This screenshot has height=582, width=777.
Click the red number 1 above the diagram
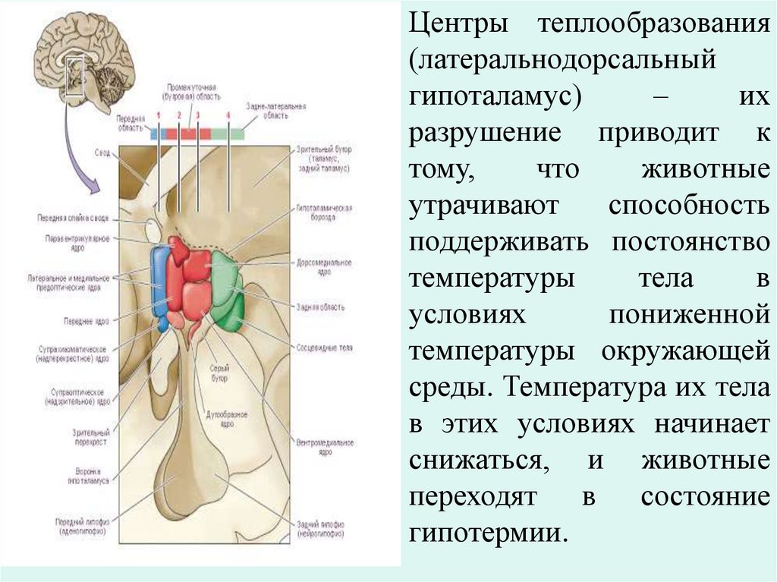(x=159, y=115)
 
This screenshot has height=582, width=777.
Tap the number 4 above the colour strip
(x=228, y=115)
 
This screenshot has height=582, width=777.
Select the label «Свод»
(x=103, y=153)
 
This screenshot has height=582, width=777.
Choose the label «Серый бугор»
(x=219, y=372)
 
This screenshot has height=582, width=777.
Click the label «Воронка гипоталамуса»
(x=90, y=475)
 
